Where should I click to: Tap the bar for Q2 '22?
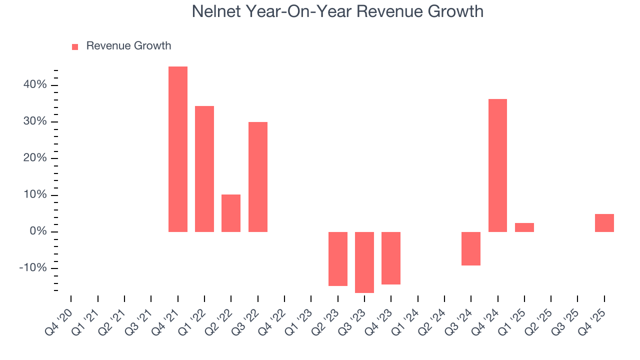231,213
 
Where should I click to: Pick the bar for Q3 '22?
258,177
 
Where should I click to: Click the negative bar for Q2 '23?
338,259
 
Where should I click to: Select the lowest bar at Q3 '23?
364,262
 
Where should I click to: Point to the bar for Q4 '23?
391,258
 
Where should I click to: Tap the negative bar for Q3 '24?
471,248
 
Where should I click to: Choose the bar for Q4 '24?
497,165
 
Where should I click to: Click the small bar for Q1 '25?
524,227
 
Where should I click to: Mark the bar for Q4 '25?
604,223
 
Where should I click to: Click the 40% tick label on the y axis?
34,85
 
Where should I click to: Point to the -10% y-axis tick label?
33,268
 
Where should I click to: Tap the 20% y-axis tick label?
34,158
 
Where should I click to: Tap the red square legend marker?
75,46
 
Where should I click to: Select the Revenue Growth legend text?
128,46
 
